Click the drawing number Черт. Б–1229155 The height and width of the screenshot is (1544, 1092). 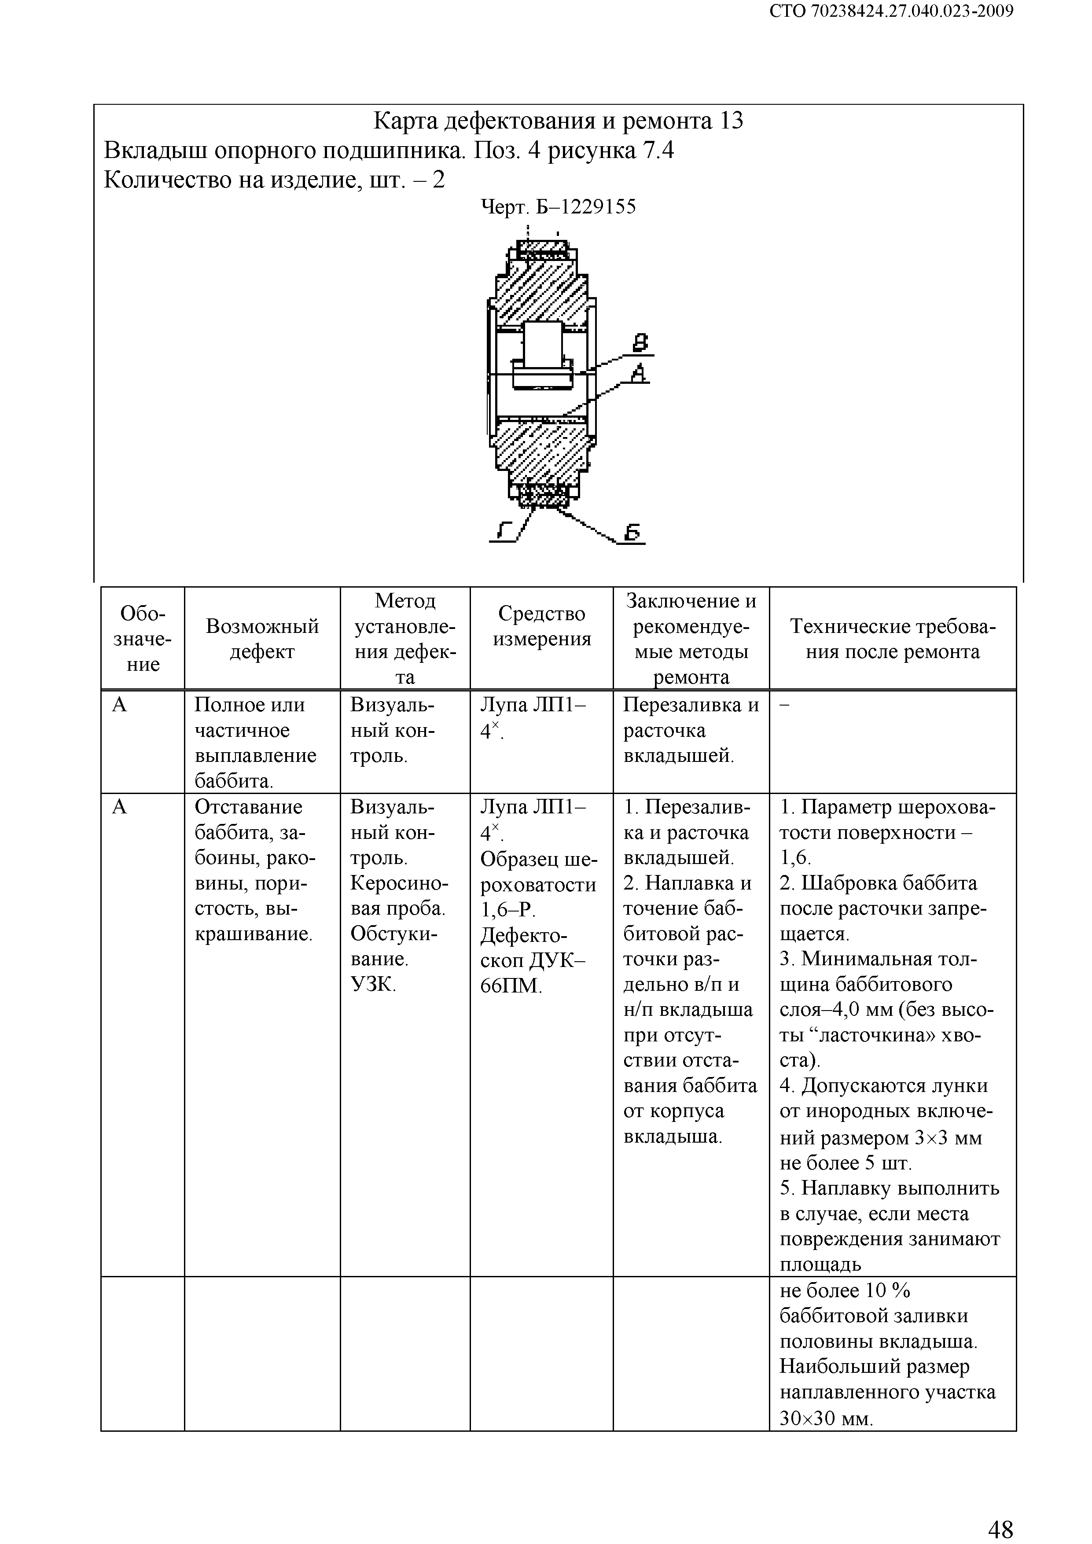pyautogui.click(x=558, y=206)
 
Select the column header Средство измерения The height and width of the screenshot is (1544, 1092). pyautogui.click(x=541, y=625)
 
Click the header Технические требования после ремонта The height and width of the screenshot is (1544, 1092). pyautogui.click(x=892, y=638)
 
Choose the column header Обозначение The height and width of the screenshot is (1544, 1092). pyautogui.click(x=143, y=638)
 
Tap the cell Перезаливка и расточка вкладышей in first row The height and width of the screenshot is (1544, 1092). pyautogui.click(x=691, y=730)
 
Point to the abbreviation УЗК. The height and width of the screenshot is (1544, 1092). pyautogui.click(x=373, y=985)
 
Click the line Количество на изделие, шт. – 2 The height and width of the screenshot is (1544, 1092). pyautogui.click(x=274, y=180)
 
